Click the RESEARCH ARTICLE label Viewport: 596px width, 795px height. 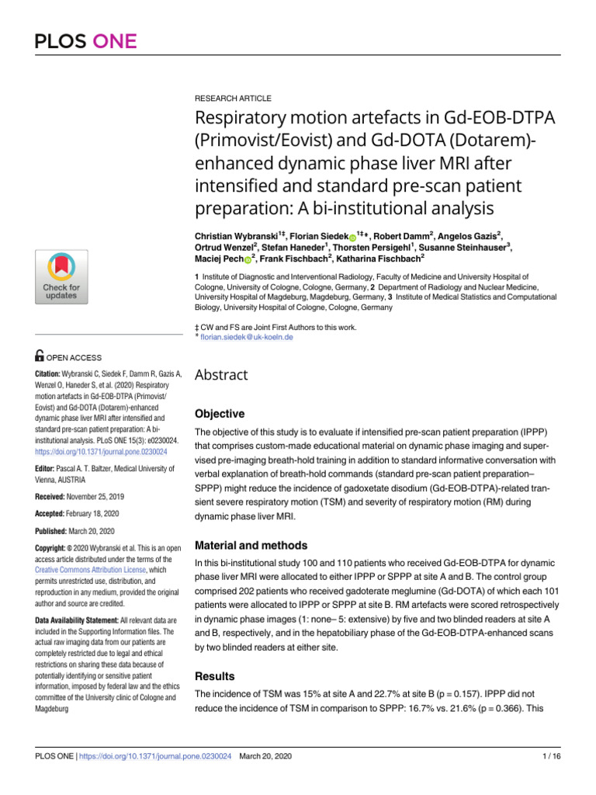tap(233, 99)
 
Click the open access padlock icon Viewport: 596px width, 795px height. tap(40, 357)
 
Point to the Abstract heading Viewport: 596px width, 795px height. tap(221, 375)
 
